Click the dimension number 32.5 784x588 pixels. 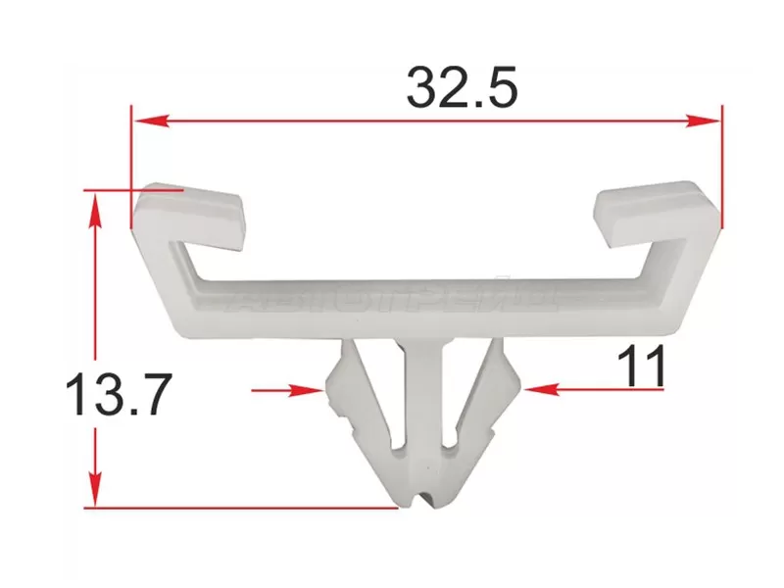pos(462,89)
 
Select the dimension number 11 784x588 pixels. pos(643,367)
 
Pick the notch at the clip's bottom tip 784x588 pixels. pos(424,500)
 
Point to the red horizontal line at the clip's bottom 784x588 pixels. pos(245,508)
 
